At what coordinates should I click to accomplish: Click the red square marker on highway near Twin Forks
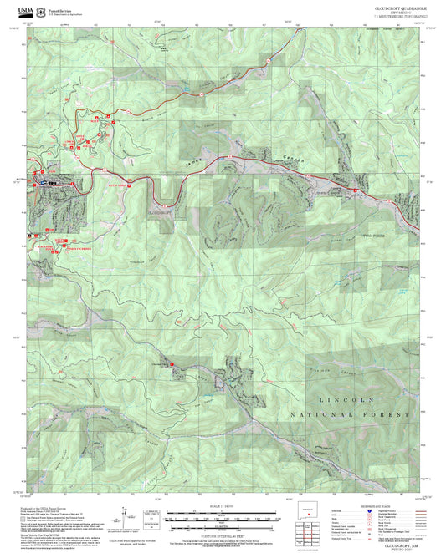[355, 193]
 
